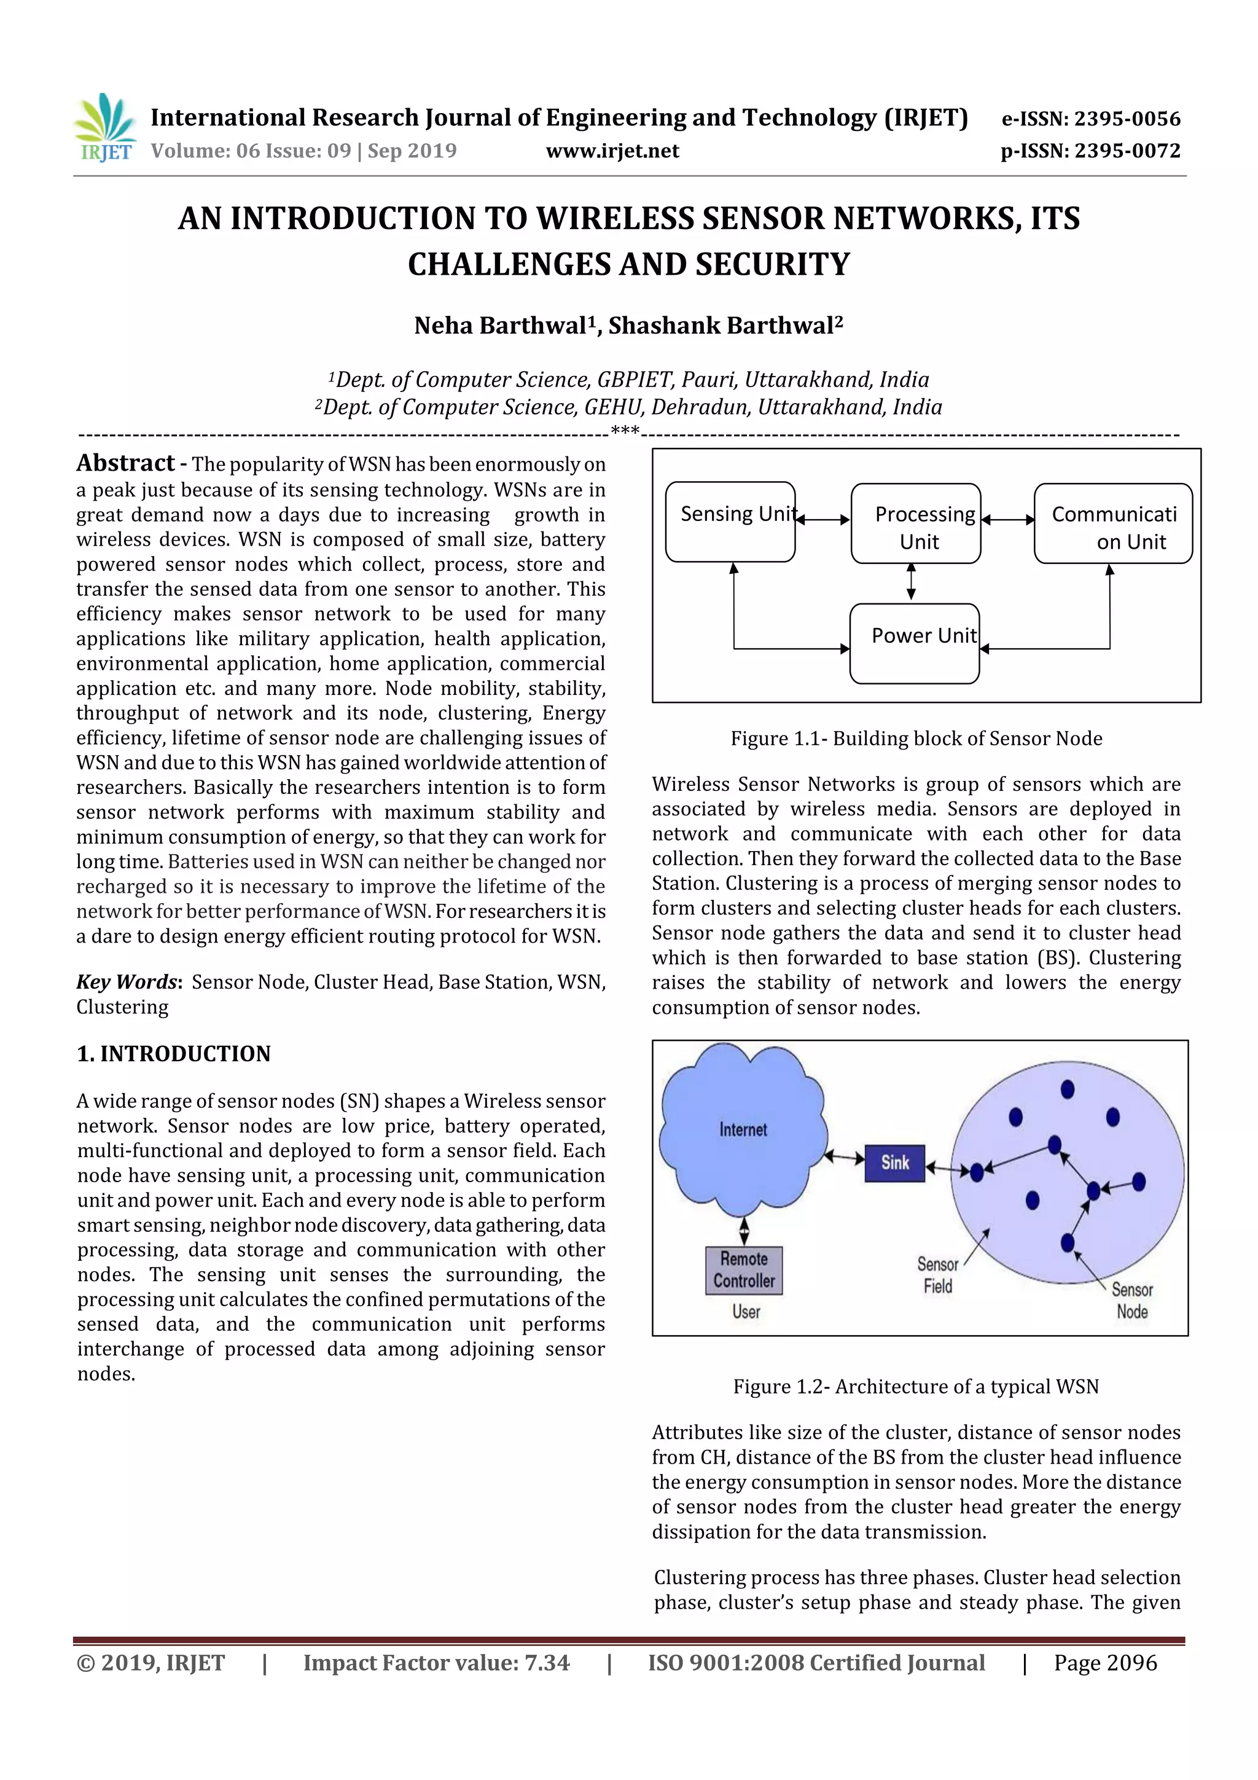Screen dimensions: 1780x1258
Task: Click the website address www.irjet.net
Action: pyautogui.click(x=612, y=151)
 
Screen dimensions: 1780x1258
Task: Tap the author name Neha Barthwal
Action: pyautogui.click(x=501, y=326)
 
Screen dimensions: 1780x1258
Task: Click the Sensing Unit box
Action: pyautogui.click(x=730, y=522)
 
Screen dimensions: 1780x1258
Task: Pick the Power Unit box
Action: pyautogui.click(x=915, y=643)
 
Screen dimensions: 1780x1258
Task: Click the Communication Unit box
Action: pyautogui.click(x=1113, y=524)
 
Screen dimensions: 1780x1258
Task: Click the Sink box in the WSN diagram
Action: pyautogui.click(x=894, y=1163)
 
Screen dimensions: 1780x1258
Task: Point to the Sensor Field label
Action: pyautogui.click(x=938, y=1276)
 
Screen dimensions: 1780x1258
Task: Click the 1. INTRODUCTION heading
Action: pyautogui.click(x=174, y=1054)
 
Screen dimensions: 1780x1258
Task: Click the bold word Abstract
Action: pyautogui.click(x=125, y=464)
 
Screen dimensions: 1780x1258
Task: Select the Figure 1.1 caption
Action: pyautogui.click(x=916, y=739)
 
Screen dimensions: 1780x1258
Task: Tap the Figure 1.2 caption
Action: pyautogui.click(x=916, y=1387)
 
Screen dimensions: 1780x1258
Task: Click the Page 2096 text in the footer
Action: pyautogui.click(x=1105, y=1663)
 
